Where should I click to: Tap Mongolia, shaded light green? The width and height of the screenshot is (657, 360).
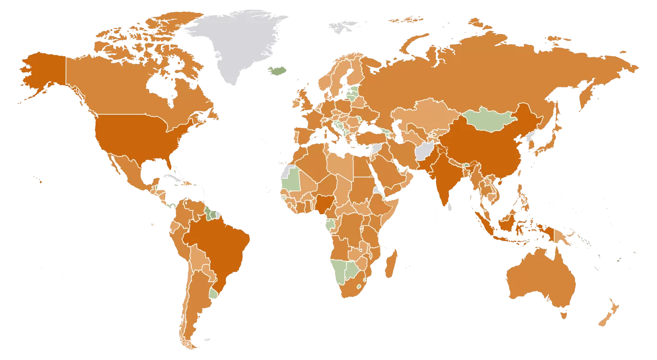(487, 120)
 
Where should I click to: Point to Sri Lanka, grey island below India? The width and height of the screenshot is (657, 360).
(450, 207)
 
